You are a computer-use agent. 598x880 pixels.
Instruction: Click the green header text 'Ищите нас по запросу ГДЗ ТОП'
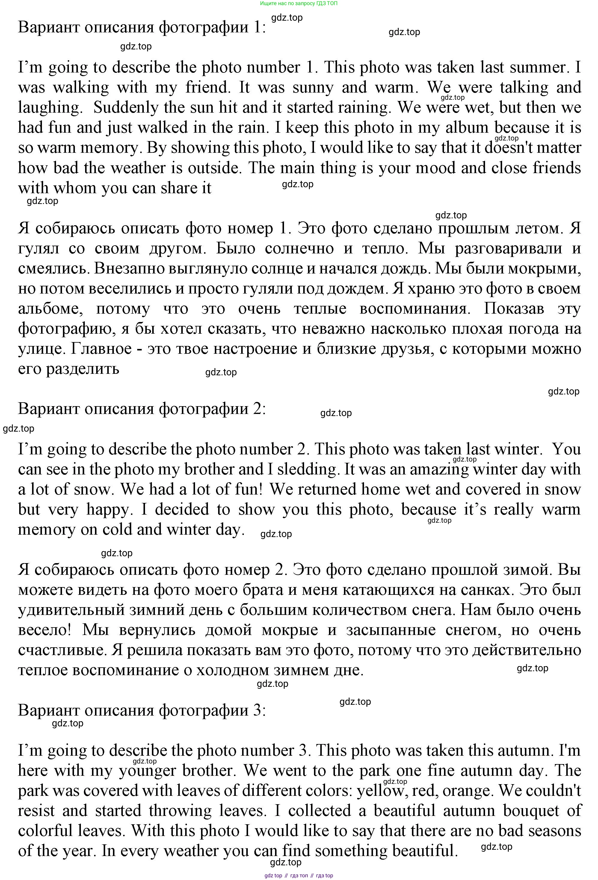coord(299,3)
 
